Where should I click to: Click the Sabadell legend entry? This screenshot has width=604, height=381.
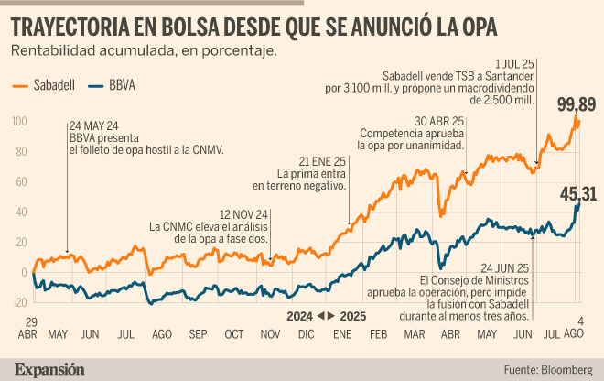point(44,85)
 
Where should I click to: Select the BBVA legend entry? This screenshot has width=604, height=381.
point(112,85)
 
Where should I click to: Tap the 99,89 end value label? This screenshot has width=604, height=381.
point(577,104)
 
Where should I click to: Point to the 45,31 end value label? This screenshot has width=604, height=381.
point(578,194)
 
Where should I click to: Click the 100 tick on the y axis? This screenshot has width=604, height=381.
point(19,122)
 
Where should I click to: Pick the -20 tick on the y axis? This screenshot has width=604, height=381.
point(20,302)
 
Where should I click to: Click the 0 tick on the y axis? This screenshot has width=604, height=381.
point(25,272)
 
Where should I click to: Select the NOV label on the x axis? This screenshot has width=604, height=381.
point(270,334)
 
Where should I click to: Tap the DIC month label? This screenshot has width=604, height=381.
point(307,334)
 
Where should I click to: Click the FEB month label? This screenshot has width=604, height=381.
point(378,334)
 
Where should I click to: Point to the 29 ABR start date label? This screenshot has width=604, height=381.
point(27,328)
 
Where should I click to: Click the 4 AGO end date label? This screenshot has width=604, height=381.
point(574,327)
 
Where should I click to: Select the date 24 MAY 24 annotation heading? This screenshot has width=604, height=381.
point(93,126)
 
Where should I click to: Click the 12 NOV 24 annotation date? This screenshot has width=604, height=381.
point(243,214)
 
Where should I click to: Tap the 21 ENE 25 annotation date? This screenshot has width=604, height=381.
point(322,161)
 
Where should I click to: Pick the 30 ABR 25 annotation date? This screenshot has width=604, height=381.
point(439,122)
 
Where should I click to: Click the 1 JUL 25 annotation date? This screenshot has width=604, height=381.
point(514,64)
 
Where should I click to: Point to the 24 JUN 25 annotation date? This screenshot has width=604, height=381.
point(504,268)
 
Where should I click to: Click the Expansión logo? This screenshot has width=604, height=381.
point(49,369)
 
